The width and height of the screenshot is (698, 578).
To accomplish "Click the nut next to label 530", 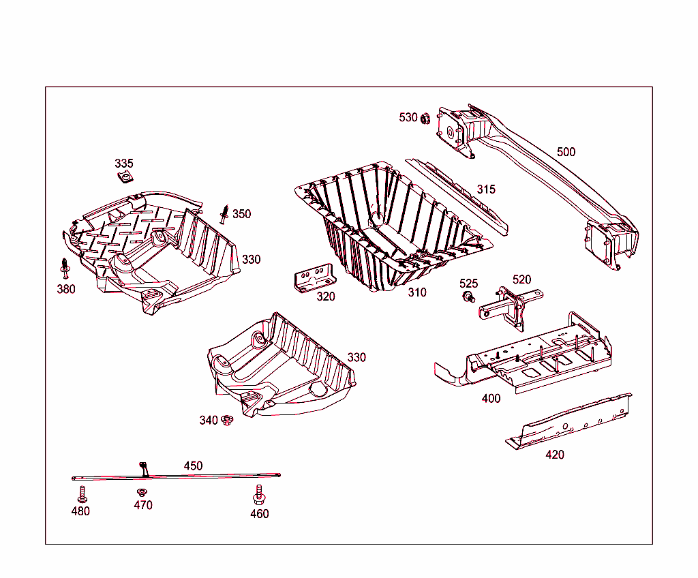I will point(424,119).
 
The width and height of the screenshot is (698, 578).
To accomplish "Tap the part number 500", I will point(566,151).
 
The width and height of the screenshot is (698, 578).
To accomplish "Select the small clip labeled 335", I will point(124,177).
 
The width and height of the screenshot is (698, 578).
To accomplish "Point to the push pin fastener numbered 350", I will point(224,214).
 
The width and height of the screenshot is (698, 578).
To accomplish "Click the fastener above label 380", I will point(65,268).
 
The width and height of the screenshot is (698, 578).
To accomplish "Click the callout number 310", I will point(416,292).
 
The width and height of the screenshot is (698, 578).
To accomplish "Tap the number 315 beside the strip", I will point(486,189).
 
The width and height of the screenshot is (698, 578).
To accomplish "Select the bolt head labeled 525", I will point(468,296).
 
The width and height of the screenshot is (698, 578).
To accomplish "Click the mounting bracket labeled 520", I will point(510,308).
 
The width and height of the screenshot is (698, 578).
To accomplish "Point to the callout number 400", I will point(491,398).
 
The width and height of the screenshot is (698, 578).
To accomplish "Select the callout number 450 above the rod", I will point(193,466).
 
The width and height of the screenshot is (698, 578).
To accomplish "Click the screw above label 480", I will point(80,493).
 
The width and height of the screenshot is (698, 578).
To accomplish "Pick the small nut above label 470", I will point(142,492).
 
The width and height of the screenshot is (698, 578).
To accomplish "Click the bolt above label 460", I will point(258,493).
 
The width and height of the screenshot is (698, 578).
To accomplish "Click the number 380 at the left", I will point(66,289).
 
